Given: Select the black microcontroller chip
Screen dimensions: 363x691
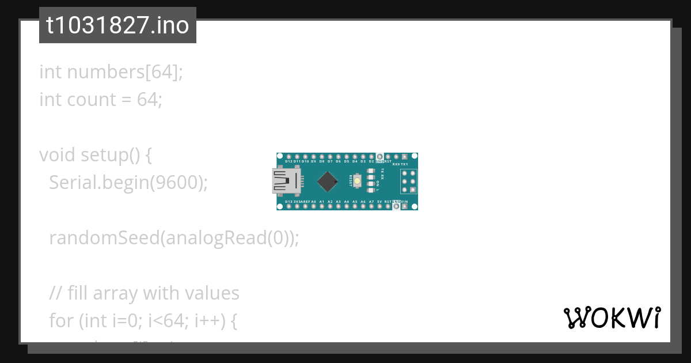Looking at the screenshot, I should (327, 181).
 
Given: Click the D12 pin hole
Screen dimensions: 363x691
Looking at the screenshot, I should (288, 156).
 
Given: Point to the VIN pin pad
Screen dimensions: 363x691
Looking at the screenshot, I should (404, 206).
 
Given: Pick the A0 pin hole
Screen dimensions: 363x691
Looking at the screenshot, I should (313, 206).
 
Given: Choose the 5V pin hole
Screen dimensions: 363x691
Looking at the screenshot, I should (379, 206).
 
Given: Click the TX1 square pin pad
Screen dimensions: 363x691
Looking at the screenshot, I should (404, 156).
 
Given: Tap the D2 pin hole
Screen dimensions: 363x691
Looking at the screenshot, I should (371, 156).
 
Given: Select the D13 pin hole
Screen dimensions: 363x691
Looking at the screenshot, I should (288, 206).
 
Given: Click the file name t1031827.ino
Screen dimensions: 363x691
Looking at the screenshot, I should (117, 25).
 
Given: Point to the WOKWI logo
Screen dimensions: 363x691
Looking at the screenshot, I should (612, 317).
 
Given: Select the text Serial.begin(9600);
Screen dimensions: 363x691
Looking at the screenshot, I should (128, 183).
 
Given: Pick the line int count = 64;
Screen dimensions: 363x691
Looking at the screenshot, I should (101, 100).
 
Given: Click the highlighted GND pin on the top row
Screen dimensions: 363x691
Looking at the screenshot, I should (379, 156).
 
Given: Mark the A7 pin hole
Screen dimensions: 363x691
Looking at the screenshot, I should (371, 206).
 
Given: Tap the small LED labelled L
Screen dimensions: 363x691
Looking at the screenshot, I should (370, 190).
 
